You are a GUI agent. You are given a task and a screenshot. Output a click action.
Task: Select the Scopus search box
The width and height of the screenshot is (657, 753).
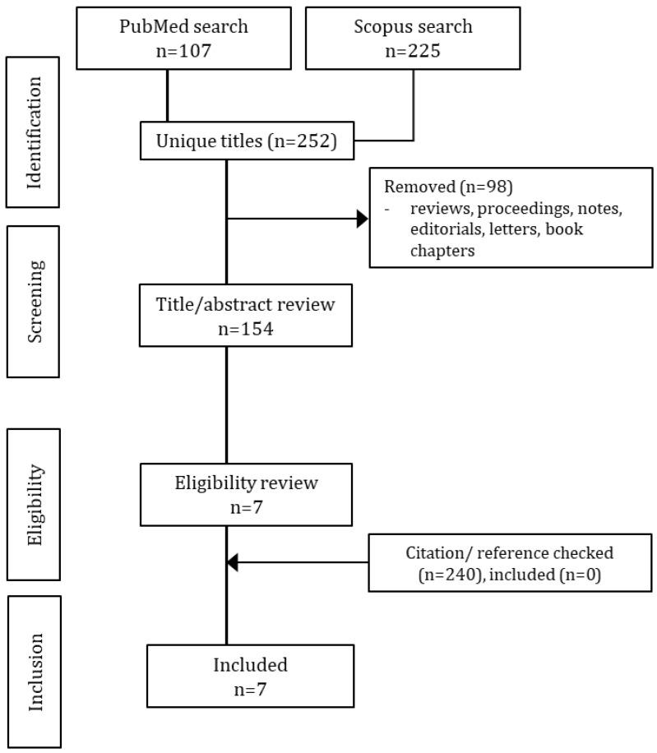[412, 38]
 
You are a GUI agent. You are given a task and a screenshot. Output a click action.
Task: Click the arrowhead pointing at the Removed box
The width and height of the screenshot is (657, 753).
[362, 219]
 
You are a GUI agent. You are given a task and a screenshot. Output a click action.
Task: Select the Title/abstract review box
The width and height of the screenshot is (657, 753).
[246, 315]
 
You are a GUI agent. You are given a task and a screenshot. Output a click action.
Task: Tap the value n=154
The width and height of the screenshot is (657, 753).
[246, 326]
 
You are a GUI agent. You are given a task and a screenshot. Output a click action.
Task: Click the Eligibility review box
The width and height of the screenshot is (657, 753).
[246, 494]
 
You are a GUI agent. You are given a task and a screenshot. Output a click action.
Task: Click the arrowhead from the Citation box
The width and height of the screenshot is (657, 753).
[232, 562]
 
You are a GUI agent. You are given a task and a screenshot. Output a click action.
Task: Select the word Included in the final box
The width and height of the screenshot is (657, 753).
[250, 664]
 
